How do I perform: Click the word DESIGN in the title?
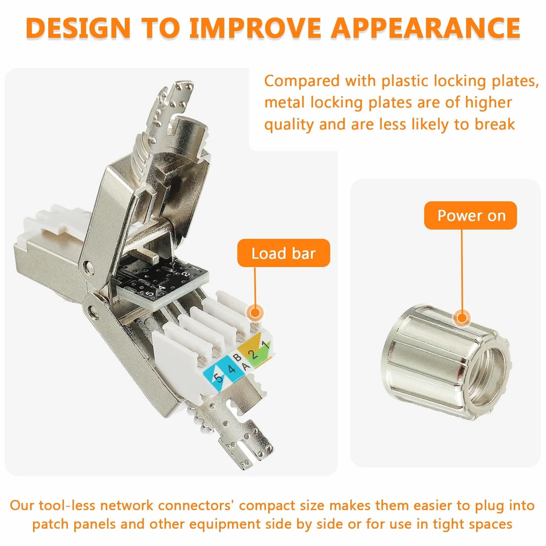pyautogui.click(x=78, y=28)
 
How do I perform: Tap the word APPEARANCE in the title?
pyautogui.click(x=426, y=28)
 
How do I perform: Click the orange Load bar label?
pyautogui.click(x=283, y=253)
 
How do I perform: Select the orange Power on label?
pyautogui.click(x=470, y=216)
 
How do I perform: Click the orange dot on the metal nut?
pyautogui.click(x=462, y=318)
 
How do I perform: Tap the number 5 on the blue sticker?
pyautogui.click(x=218, y=378)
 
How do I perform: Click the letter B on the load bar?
pyautogui.click(x=238, y=358)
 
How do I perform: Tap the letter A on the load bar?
pyautogui.click(x=246, y=367)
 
